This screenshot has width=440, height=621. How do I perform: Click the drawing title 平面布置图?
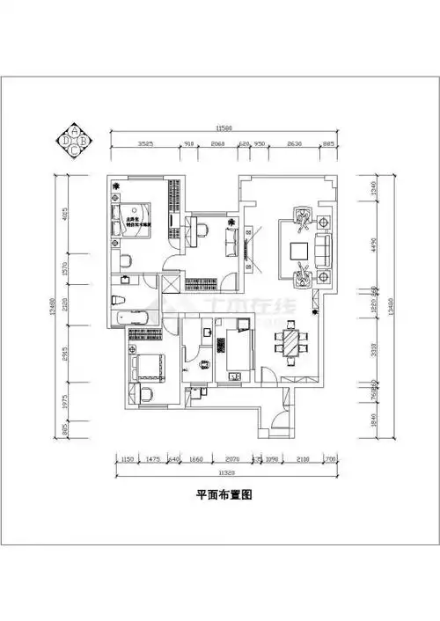(224, 495)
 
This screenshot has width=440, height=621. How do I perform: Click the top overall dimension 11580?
(224, 128)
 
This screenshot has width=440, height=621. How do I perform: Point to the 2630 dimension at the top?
(295, 143)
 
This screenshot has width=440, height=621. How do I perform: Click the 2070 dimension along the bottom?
(231, 458)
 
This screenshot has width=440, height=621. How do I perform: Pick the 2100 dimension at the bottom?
(302, 458)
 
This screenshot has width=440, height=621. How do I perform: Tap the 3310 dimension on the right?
(373, 347)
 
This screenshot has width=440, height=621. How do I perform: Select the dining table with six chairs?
(290, 344)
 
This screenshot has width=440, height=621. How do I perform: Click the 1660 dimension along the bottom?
(196, 458)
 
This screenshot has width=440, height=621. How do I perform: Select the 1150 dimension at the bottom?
(127, 458)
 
